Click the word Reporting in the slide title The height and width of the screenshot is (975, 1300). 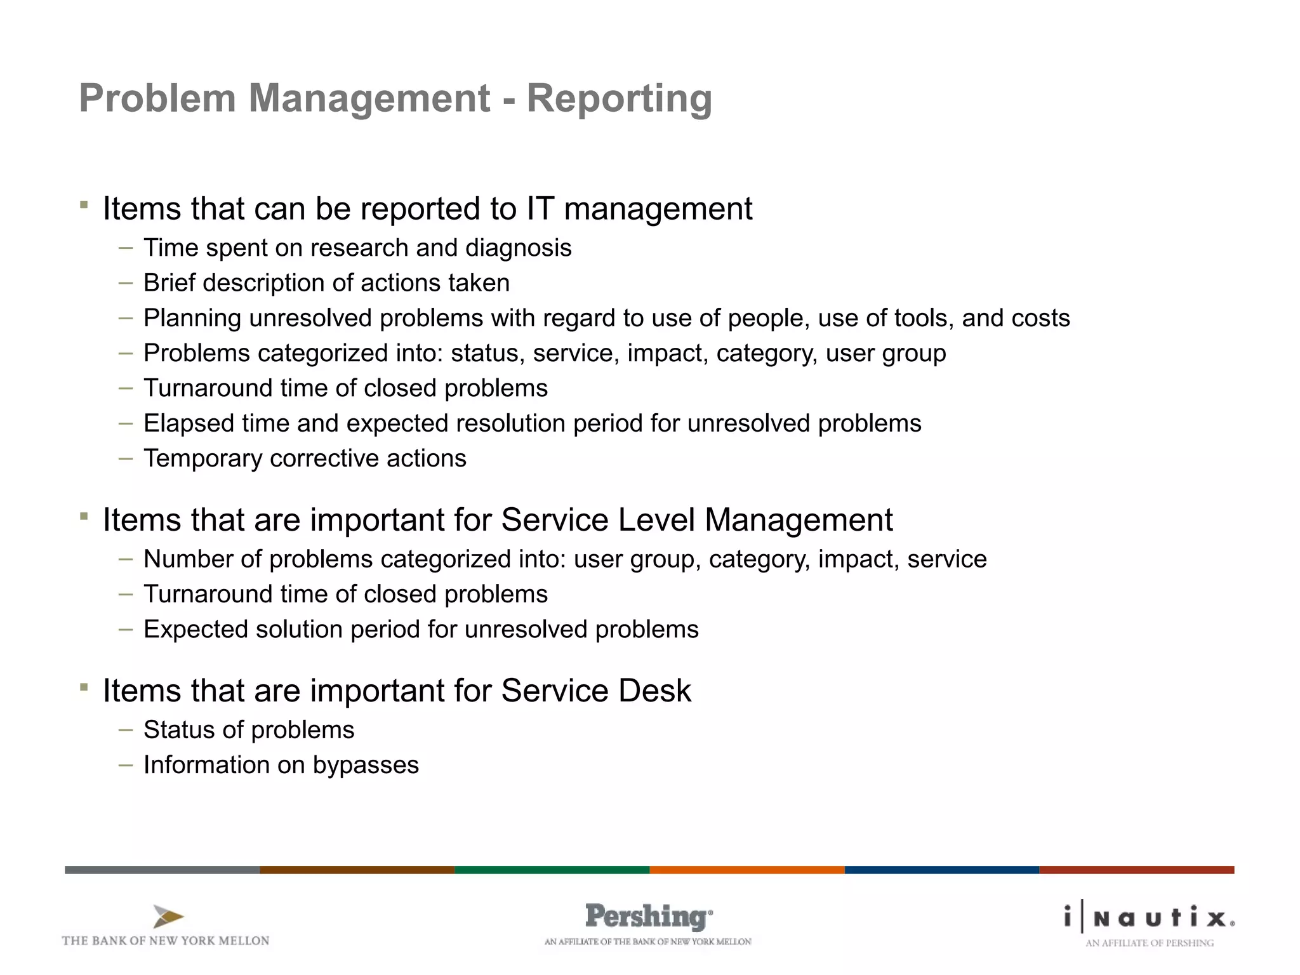(619, 100)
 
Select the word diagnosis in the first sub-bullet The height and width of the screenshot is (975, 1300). (518, 248)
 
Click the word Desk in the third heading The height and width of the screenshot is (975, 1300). (654, 691)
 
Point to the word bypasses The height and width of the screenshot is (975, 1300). (366, 766)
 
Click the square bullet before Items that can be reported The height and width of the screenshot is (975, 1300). (84, 205)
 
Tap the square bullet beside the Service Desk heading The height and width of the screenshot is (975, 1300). (84, 687)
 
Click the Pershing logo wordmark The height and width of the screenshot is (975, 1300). (647, 917)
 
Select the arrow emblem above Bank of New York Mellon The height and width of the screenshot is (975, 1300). (168, 917)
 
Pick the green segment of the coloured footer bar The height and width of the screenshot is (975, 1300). (552, 870)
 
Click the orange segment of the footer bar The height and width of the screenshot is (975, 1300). (746, 870)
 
